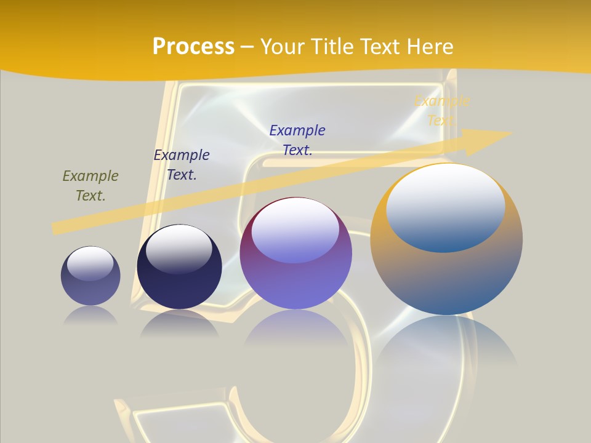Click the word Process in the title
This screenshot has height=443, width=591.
(193, 46)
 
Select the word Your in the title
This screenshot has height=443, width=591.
(284, 46)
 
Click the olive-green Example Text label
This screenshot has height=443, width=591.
(90, 186)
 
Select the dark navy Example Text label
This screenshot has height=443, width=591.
(182, 165)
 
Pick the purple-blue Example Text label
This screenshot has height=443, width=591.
(297, 140)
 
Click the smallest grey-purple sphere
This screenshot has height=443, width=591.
(90, 289)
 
